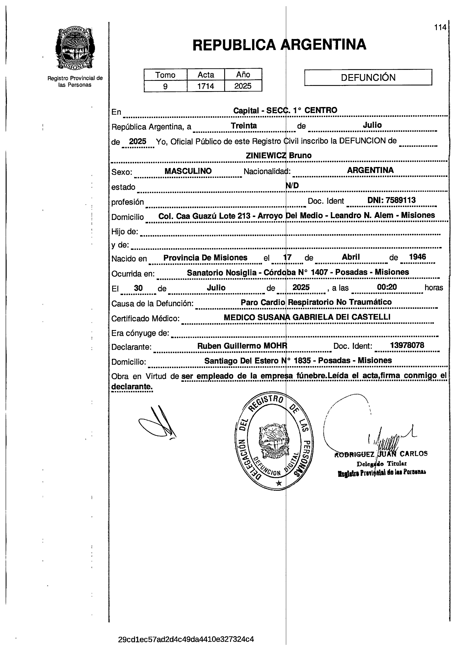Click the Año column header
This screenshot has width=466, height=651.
click(x=243, y=75)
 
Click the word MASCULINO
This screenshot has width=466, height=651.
click(x=188, y=171)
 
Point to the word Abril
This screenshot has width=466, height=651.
click(x=351, y=257)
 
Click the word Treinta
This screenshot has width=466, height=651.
click(x=244, y=126)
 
